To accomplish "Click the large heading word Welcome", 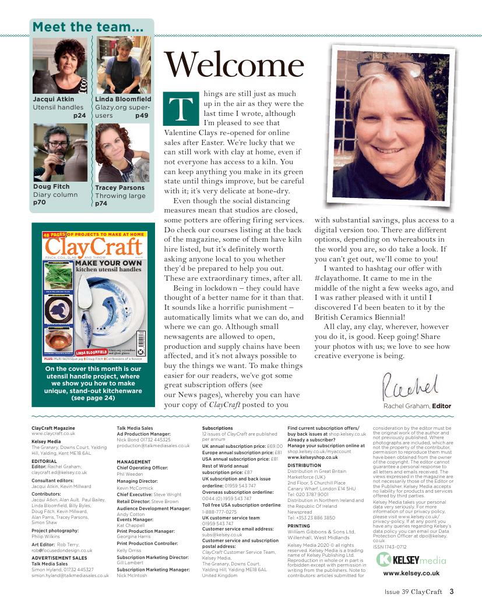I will tap(233, 66).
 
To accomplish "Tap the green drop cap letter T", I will tap(180, 109).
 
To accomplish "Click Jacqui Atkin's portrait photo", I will tap(60, 65).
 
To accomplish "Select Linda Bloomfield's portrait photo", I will tap(123, 65).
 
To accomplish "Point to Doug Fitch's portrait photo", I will tap(60, 153).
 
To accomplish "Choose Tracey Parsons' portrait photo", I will tap(123, 153).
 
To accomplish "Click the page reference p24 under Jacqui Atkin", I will tap(80, 116).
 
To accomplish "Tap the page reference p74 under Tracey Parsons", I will tap(101, 204).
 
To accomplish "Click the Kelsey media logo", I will tap(411, 560).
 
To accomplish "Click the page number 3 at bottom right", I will tap(452, 593).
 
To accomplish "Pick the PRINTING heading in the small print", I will tap(299, 526).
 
